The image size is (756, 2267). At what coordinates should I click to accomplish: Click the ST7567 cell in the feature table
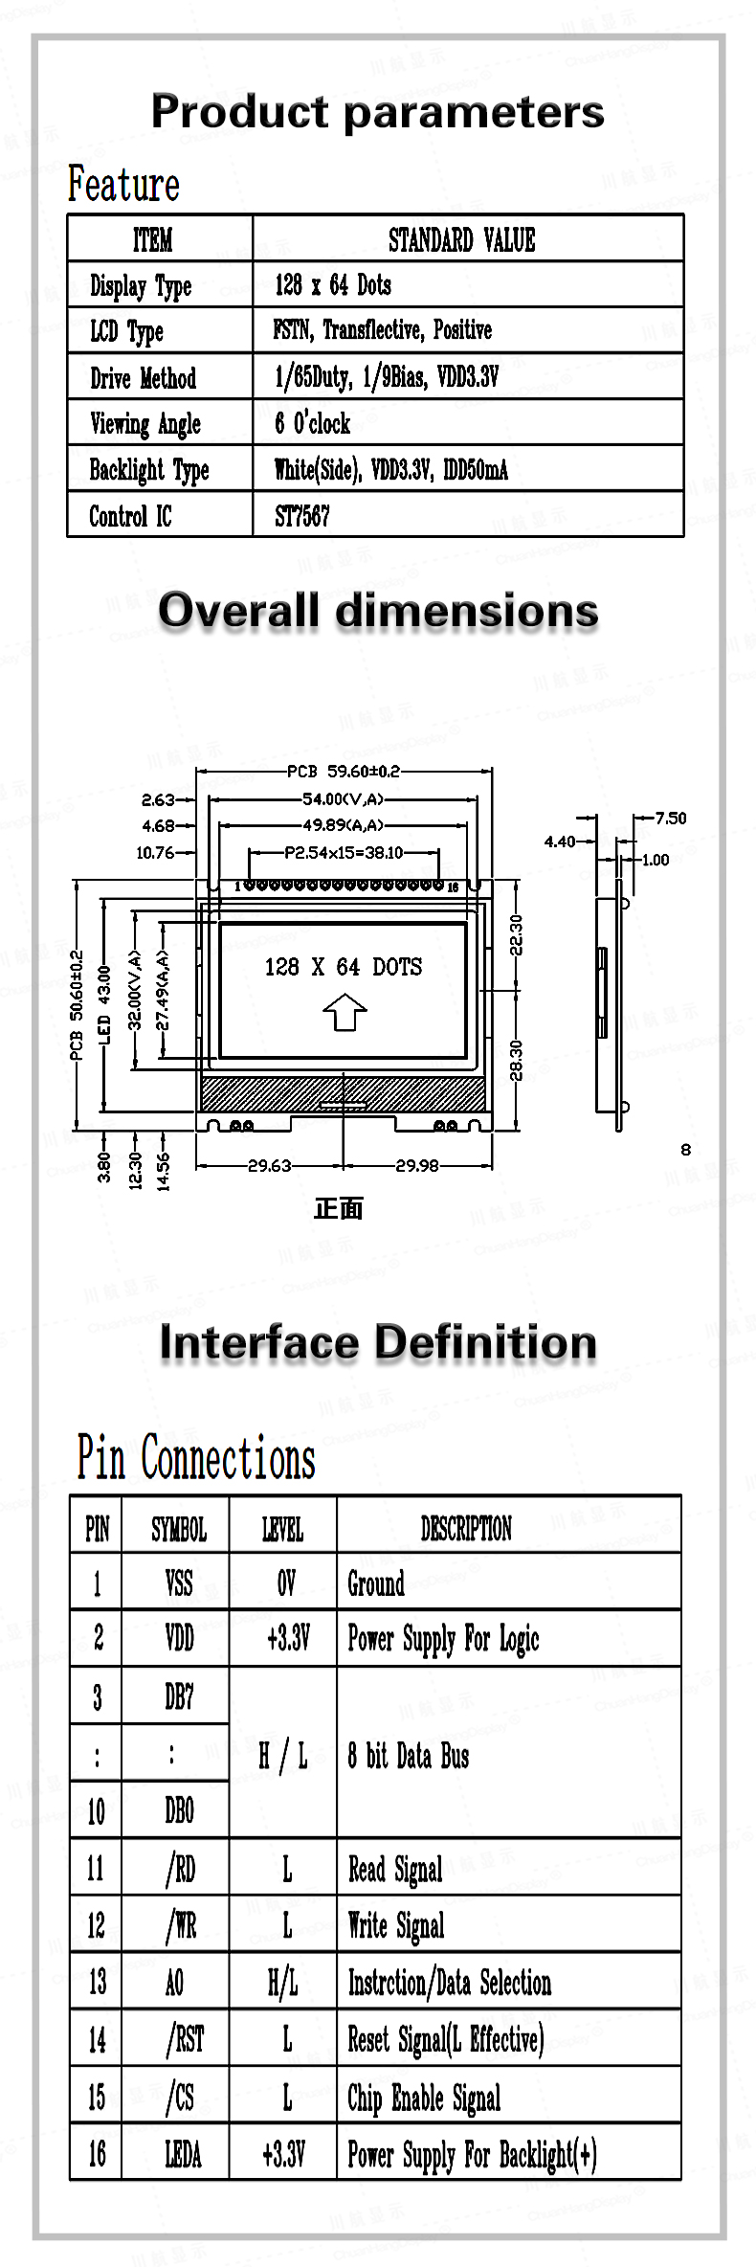coord(302,516)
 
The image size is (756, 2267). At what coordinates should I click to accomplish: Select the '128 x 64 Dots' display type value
coord(333,284)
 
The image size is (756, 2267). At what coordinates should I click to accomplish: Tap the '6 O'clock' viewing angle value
coord(312,423)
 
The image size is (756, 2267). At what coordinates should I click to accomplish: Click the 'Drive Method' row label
coord(143,378)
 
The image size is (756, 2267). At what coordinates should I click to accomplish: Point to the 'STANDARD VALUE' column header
coord(461,239)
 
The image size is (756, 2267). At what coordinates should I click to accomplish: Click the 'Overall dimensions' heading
coord(378,611)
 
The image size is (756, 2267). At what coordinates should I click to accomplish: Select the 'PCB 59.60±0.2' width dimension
coord(344,771)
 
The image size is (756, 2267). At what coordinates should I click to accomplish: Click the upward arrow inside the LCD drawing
coord(345,1011)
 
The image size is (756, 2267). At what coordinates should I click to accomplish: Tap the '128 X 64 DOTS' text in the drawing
coord(344,967)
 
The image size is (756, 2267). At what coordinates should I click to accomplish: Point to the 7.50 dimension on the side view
coord(671,818)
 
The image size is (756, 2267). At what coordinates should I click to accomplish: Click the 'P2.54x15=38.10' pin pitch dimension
coord(344,852)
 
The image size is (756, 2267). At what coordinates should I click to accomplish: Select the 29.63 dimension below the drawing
coord(270,1165)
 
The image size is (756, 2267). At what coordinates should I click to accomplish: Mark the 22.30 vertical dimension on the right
coord(516,934)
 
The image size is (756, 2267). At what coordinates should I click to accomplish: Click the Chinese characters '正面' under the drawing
coord(339,1208)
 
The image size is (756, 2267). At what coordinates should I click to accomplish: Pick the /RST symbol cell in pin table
coord(185,2039)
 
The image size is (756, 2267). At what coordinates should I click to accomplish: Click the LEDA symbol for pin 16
coord(183,2154)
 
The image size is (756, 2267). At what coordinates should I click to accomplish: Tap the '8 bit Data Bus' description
coord(409,1756)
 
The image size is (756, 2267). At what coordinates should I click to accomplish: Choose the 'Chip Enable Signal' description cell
coord(424,2098)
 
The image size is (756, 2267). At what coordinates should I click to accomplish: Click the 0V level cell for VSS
coord(286,1583)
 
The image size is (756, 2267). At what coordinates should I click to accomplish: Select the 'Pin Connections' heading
coord(196,1458)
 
